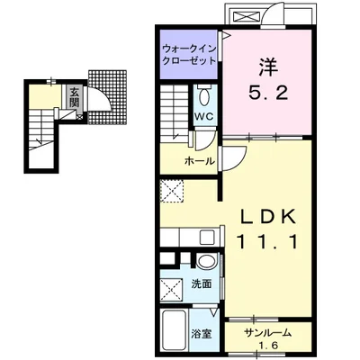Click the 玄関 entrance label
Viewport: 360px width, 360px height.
pyautogui.click(x=74, y=98)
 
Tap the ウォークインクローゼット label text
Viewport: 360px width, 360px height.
pyautogui.click(x=189, y=55)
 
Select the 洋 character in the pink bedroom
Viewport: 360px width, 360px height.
pyautogui.click(x=268, y=67)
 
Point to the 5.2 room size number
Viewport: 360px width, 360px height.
pyautogui.click(x=268, y=94)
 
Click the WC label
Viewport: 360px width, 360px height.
pyautogui.click(x=205, y=116)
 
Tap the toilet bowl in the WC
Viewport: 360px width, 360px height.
pyautogui.click(x=205, y=96)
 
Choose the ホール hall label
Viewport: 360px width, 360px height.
pyautogui.click(x=200, y=162)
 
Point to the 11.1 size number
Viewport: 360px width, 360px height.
pyautogui.click(x=268, y=242)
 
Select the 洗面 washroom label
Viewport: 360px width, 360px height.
pyautogui.click(x=202, y=283)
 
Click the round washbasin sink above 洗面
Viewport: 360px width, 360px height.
pyautogui.click(x=206, y=261)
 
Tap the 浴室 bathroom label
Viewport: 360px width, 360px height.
pyautogui.click(x=202, y=334)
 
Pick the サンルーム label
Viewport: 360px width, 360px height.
pyautogui.click(x=267, y=333)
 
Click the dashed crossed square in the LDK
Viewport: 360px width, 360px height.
pyautogui.click(x=171, y=192)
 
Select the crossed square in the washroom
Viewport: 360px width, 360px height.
pyautogui.click(x=171, y=290)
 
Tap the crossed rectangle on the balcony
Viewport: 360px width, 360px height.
pyautogui.click(x=246, y=15)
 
